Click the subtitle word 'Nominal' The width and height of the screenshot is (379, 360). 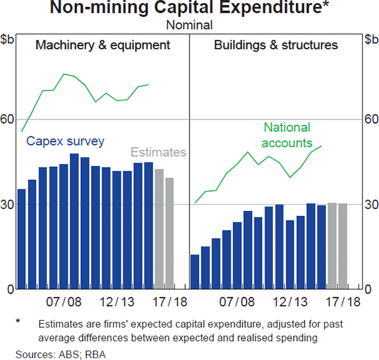click(189, 25)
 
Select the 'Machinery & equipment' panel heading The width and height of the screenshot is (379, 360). click(103, 45)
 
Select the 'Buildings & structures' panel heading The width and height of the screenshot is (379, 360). click(276, 45)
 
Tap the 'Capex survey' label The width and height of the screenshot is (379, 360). click(65, 141)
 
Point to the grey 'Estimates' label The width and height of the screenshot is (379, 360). click(159, 152)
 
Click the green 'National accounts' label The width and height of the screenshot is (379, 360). click(288, 135)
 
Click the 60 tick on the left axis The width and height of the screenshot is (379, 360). click(8, 119)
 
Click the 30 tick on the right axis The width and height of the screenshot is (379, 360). click(370, 205)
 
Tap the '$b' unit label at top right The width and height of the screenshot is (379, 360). click(370, 40)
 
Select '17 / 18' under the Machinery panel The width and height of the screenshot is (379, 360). click(169, 303)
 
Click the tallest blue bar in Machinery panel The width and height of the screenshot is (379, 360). click(74, 221)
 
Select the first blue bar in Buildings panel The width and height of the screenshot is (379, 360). click(195, 272)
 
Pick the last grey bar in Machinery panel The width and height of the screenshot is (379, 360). click(169, 234)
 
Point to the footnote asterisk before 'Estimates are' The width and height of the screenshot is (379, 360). click(18, 322)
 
